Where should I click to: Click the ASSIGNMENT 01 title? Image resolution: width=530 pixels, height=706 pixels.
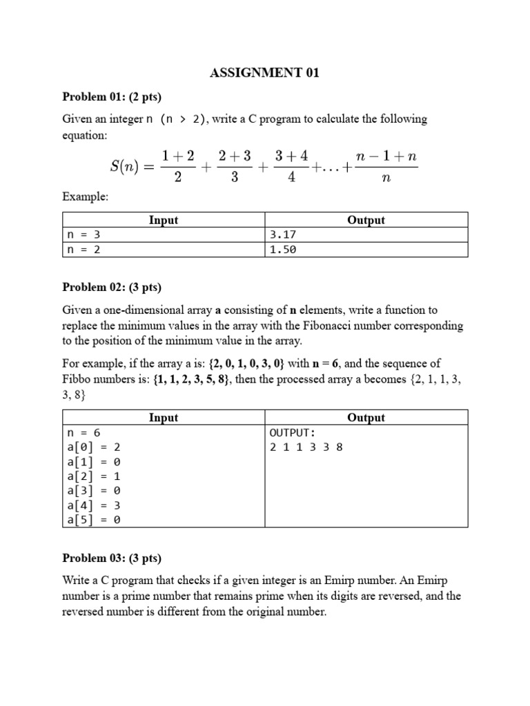pyautogui.click(x=264, y=73)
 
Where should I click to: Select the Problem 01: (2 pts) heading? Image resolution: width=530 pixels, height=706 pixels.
pyautogui.click(x=112, y=97)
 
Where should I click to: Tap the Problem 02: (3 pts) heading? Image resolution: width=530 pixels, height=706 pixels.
pyautogui.click(x=112, y=287)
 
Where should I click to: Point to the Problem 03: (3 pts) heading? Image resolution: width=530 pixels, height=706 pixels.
pyautogui.click(x=112, y=558)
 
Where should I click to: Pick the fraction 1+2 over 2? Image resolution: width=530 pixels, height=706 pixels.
pyautogui.click(x=177, y=166)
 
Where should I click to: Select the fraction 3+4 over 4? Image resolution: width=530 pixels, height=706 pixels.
pyautogui.click(x=291, y=166)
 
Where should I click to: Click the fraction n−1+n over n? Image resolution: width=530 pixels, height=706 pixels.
pyautogui.click(x=386, y=166)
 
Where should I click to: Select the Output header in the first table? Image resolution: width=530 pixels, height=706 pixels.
pyautogui.click(x=366, y=220)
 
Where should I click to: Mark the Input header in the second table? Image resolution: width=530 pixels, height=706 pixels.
pyautogui.click(x=164, y=417)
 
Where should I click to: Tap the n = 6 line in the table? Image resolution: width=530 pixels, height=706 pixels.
pyautogui.click(x=84, y=432)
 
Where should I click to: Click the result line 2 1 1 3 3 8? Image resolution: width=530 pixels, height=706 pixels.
pyautogui.click(x=306, y=447)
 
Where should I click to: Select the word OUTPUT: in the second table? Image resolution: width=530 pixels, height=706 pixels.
pyautogui.click(x=292, y=432)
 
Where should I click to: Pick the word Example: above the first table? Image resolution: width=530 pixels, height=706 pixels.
pyautogui.click(x=86, y=196)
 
